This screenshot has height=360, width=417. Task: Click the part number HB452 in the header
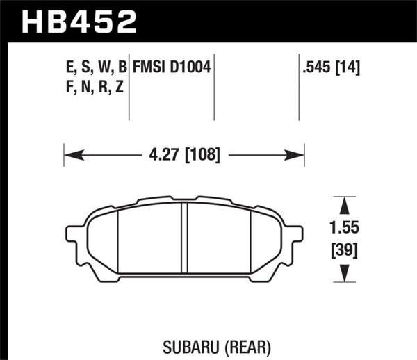pos(79,21)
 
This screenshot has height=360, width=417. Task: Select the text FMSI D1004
pos(172,69)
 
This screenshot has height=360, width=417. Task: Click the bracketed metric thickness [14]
pos(347,69)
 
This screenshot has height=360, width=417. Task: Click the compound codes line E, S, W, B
pos(94,69)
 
